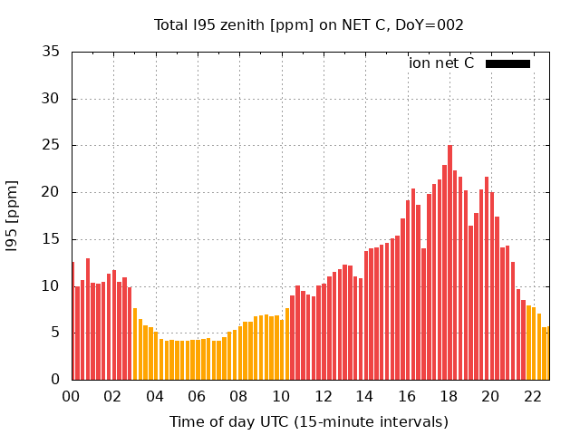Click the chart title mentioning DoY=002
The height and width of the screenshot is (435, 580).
[x=309, y=25]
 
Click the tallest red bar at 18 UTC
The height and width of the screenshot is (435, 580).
[x=450, y=263]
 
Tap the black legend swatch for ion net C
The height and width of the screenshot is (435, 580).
[x=507, y=63]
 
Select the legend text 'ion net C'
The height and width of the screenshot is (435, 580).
[x=441, y=63]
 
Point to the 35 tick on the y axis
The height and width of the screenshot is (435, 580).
[x=53, y=52]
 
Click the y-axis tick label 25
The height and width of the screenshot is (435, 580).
[x=53, y=146]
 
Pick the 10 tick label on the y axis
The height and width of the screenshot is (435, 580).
[x=53, y=286]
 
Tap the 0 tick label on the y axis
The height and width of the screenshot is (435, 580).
[x=56, y=381]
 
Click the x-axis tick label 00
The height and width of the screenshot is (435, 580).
[x=72, y=397]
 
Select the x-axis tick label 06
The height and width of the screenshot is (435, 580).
[x=198, y=397]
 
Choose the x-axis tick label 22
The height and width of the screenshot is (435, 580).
[x=533, y=397]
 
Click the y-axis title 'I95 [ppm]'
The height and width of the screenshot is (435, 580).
[x=13, y=216]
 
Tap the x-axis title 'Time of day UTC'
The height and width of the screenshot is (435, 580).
[x=309, y=421]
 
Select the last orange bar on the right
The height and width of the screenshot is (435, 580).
[x=546, y=353]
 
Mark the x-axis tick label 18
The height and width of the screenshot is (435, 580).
[x=449, y=397]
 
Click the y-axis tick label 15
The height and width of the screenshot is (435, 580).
[x=53, y=239]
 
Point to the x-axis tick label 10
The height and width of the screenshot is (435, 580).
[x=281, y=397]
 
